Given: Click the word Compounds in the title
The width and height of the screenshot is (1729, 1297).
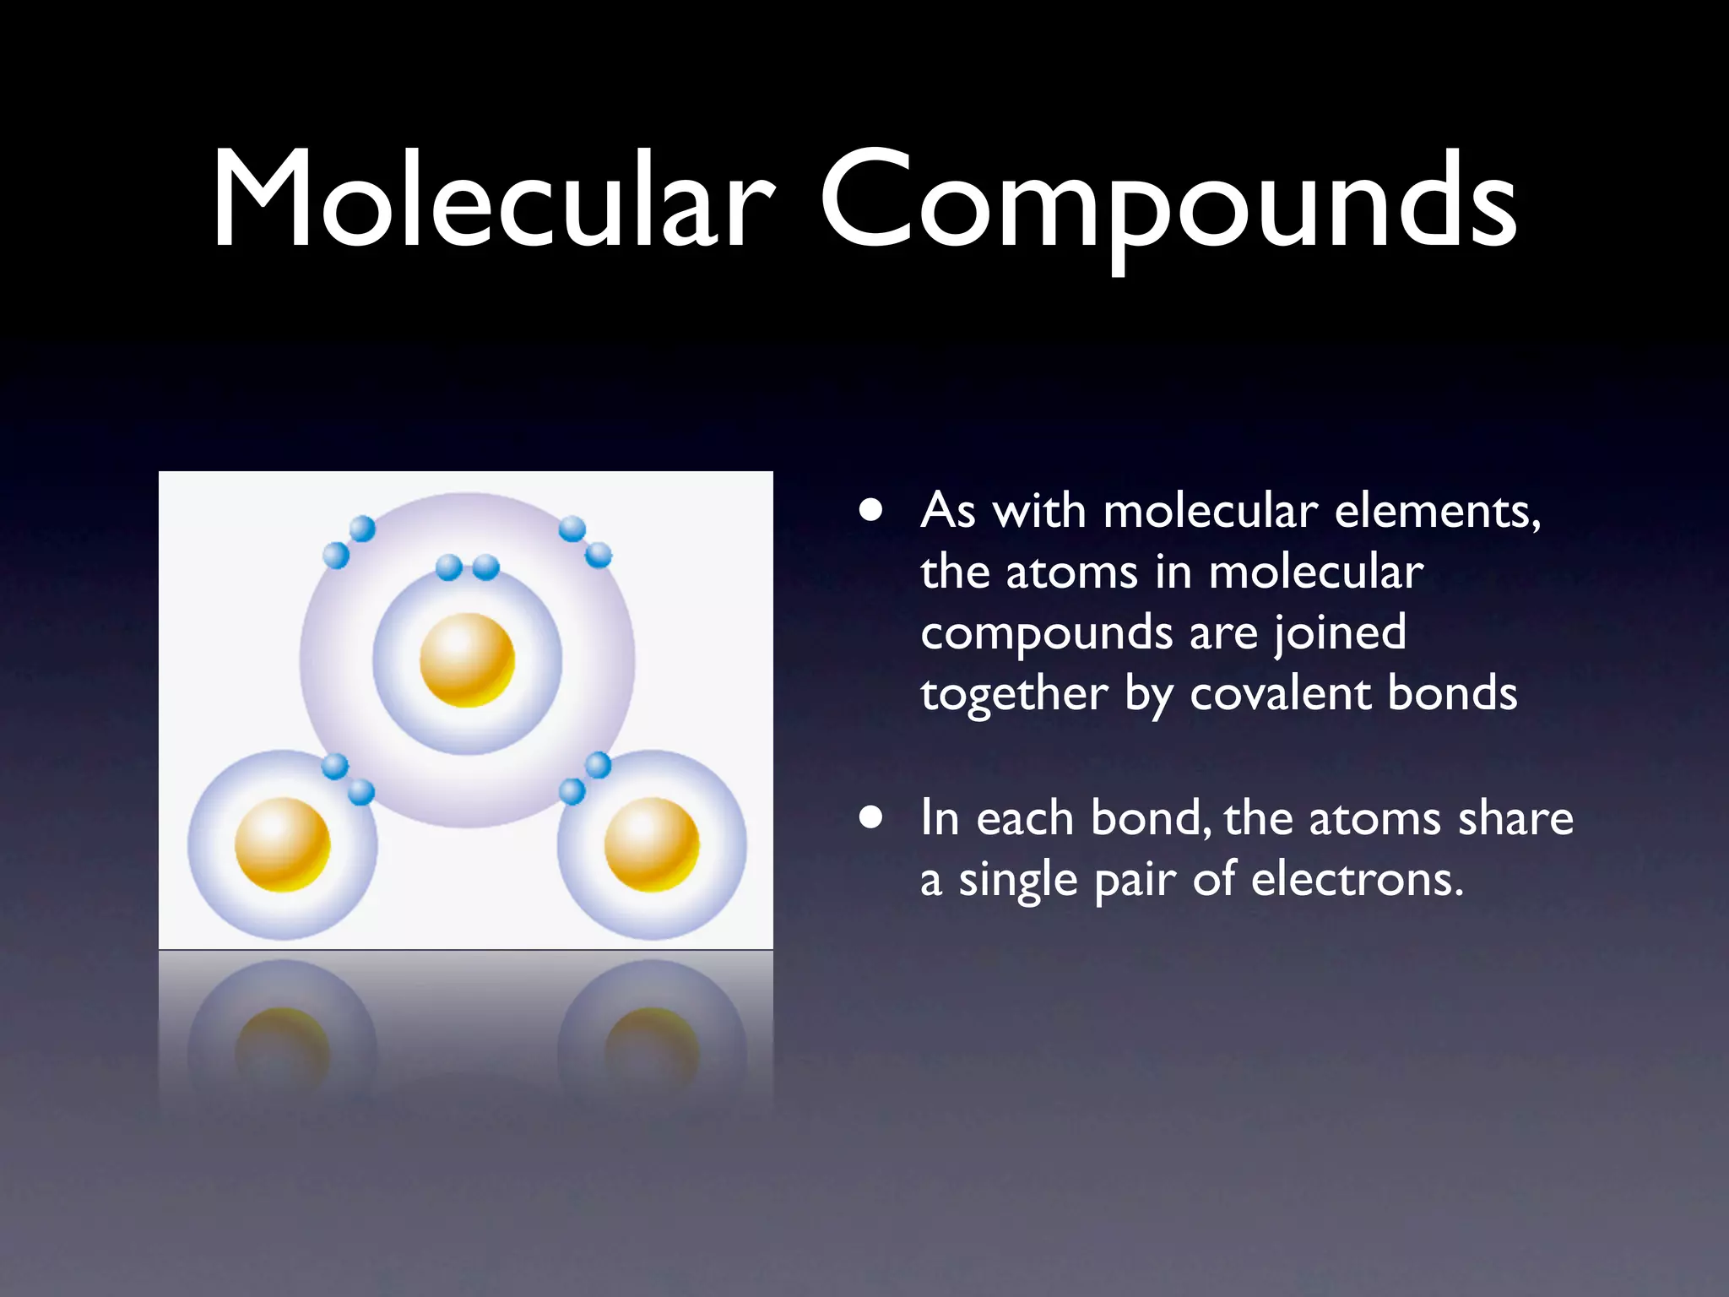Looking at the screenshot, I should [1168, 203].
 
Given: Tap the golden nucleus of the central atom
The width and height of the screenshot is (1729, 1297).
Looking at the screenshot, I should [467, 659].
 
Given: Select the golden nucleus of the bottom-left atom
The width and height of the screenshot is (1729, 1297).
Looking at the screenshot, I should [282, 844].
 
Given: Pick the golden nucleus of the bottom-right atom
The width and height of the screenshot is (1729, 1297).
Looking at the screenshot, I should [652, 844].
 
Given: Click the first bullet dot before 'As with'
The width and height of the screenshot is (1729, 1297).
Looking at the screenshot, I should [871, 511].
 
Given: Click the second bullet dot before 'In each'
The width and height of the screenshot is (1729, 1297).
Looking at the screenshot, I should [871, 817].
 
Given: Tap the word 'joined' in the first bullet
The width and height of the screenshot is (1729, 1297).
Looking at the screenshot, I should [1340, 633].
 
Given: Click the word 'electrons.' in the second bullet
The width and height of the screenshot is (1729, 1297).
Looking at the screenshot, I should [1357, 880].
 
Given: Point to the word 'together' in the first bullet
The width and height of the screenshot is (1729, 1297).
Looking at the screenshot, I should [1013, 695].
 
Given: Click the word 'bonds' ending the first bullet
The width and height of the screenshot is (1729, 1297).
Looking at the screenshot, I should [1452, 694].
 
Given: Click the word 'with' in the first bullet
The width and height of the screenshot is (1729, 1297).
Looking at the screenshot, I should [1038, 511].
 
